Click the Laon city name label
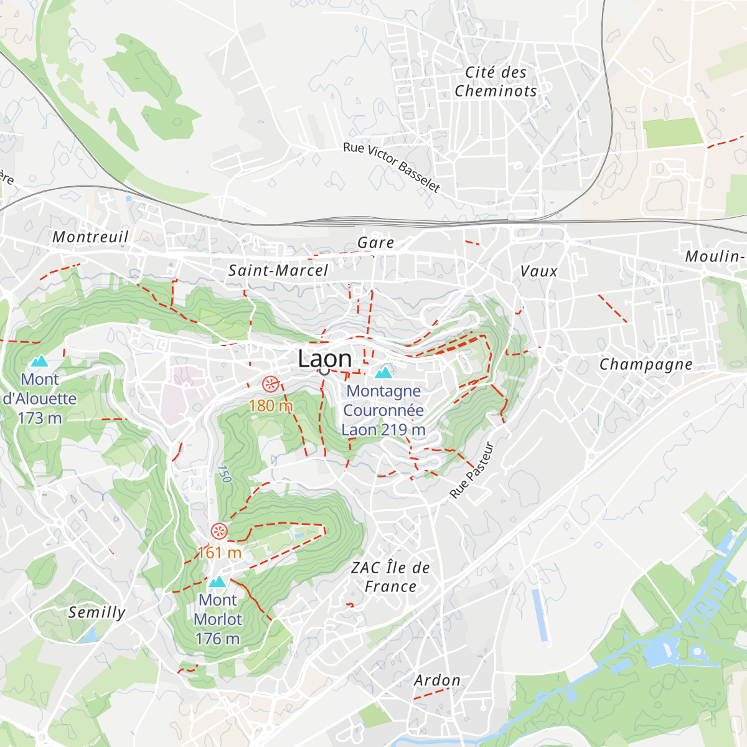(x=325, y=358)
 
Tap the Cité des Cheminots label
(x=496, y=82)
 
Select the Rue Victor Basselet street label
(x=392, y=167)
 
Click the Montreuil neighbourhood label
(x=90, y=237)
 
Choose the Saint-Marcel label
(x=278, y=270)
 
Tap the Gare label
(x=376, y=243)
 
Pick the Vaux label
(x=539, y=271)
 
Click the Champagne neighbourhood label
(x=646, y=364)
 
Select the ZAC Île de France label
(x=390, y=577)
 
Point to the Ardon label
(x=438, y=680)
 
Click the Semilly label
(x=96, y=612)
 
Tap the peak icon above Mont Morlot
(x=217, y=582)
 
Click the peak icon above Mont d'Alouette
(x=39, y=361)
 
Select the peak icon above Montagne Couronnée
(x=383, y=372)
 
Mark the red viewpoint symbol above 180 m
(x=270, y=384)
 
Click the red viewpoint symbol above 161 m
(x=218, y=531)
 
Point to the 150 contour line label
(x=224, y=474)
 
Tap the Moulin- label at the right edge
(x=715, y=256)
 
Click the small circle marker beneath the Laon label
(x=324, y=371)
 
